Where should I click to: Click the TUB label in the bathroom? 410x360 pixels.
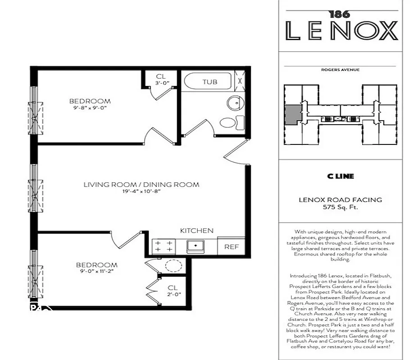(210, 82)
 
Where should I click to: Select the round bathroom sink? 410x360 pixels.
(233, 103)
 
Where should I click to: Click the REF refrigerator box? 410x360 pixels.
(231, 247)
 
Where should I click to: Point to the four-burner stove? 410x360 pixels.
(164, 247)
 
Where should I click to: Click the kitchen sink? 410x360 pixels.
(196, 246)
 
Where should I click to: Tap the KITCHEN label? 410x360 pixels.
(197, 230)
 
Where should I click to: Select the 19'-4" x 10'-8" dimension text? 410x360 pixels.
(141, 191)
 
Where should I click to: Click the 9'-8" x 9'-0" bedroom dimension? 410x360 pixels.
(90, 108)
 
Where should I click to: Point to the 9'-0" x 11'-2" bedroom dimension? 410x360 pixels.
(96, 272)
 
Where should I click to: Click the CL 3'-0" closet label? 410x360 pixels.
(161, 80)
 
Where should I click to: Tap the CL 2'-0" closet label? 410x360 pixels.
(173, 291)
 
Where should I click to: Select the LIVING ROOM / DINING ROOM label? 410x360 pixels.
(141, 184)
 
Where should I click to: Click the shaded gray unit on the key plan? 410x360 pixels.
(292, 113)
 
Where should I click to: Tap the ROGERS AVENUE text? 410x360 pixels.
(340, 70)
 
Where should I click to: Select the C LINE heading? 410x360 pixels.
(340, 176)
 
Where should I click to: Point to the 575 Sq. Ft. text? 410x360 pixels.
(340, 207)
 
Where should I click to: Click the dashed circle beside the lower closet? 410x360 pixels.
(172, 265)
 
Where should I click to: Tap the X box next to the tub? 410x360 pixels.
(241, 81)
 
